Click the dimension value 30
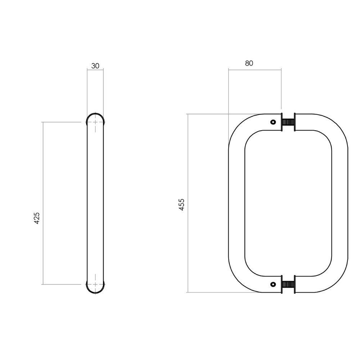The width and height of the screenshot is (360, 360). click(95, 66)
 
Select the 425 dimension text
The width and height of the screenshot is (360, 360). click(36, 218)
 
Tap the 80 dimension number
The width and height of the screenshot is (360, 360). click(249, 63)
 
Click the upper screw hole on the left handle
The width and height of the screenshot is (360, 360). click(273, 122)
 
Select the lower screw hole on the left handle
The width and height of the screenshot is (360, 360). click(273, 285)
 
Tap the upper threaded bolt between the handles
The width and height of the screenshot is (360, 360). click(288, 122)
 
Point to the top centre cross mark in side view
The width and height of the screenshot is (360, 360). click(95, 122)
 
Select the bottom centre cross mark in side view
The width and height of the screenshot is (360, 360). click(95, 284)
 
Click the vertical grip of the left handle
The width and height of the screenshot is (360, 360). click(237, 203)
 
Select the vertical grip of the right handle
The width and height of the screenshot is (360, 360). click(340, 203)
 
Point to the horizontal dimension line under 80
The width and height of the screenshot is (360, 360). click(255, 69)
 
